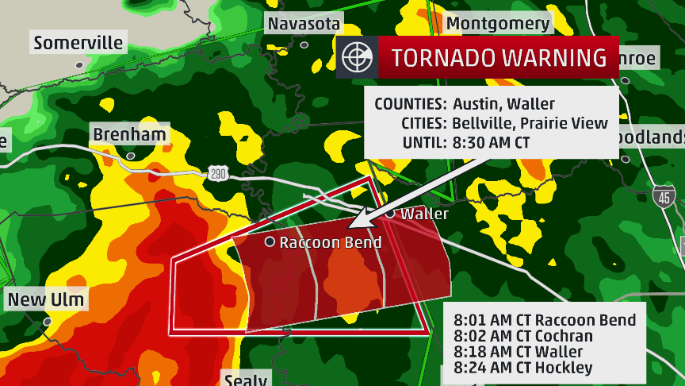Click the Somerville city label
pyautogui.click(x=78, y=42)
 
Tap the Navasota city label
pyautogui.click(x=304, y=24)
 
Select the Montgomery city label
pyautogui.click(x=498, y=23)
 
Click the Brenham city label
pyautogui.click(x=129, y=134)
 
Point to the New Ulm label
pyautogui.click(x=46, y=299)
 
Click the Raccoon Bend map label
pyautogui.click(x=331, y=242)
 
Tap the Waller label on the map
pyautogui.click(x=424, y=214)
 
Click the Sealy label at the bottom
pyautogui.click(x=246, y=379)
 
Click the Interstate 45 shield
pyautogui.click(x=662, y=196)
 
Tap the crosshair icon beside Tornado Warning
pyautogui.click(x=357, y=58)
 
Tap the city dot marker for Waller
pyautogui.click(x=390, y=214)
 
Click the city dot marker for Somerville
pyautogui.click(x=78, y=64)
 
